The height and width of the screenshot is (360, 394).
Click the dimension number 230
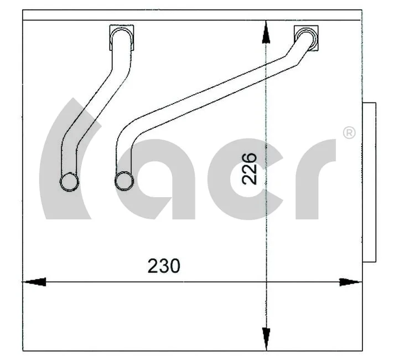(x=164, y=266)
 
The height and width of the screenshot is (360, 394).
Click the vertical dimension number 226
(x=250, y=168)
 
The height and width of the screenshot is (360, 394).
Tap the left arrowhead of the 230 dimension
(x=34, y=282)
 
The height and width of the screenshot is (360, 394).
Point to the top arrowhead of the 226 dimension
(x=266, y=32)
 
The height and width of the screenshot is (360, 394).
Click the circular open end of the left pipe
(x=69, y=181)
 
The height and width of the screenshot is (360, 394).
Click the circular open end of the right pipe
(x=123, y=179)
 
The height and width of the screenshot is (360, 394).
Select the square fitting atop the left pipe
(x=122, y=36)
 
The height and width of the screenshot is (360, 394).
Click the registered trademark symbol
(x=349, y=133)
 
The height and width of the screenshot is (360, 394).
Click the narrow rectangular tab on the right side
(x=369, y=182)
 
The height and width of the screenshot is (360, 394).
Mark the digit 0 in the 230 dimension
(x=174, y=266)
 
